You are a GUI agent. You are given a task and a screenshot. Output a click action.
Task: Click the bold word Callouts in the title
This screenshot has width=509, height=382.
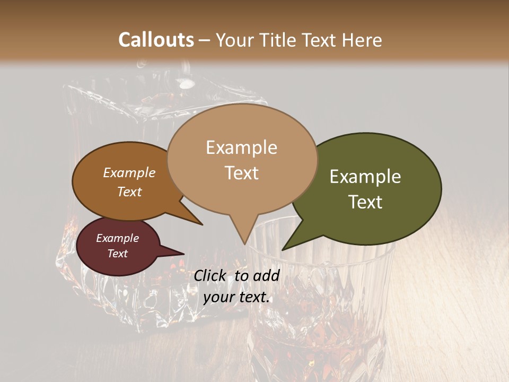click(x=156, y=40)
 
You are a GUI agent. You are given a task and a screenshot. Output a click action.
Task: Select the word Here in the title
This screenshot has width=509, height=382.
click(x=362, y=40)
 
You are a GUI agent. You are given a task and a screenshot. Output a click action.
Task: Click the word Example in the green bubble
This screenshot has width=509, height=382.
click(x=365, y=177)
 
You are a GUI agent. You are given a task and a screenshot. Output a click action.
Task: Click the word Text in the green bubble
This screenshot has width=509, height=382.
click(x=366, y=202)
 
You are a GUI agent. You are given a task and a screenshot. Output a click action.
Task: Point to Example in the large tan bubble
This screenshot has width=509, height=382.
click(x=241, y=147)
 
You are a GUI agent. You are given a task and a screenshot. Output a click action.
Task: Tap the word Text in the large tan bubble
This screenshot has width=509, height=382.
click(x=242, y=173)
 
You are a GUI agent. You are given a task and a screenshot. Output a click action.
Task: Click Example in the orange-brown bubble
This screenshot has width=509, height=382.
click(x=129, y=173)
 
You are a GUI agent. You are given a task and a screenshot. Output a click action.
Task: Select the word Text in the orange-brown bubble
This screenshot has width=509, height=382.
click(x=129, y=192)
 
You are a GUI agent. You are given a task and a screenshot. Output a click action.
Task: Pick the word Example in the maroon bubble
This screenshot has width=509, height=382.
click(x=117, y=238)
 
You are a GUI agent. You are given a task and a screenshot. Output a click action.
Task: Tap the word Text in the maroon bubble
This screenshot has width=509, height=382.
click(x=118, y=254)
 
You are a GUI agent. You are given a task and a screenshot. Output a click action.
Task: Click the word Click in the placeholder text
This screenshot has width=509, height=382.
click(x=210, y=275)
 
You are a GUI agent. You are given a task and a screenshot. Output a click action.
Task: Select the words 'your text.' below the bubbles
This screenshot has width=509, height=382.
click(x=236, y=298)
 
